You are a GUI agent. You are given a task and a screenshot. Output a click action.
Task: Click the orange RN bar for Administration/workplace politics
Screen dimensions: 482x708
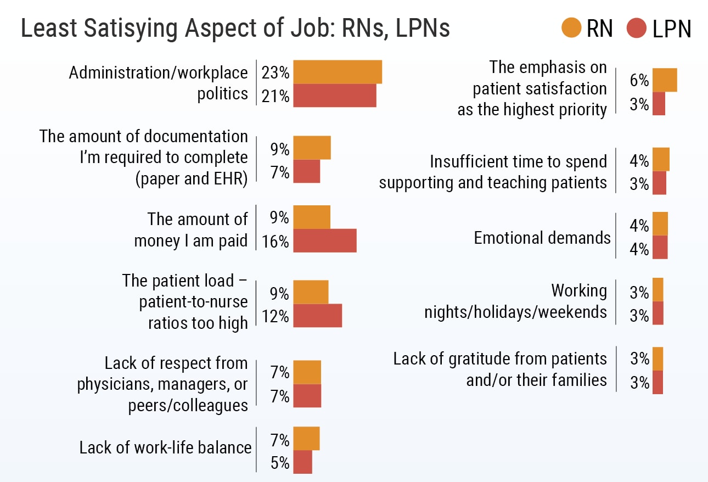(338, 72)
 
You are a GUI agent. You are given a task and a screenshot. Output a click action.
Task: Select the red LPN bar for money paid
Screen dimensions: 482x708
(325, 240)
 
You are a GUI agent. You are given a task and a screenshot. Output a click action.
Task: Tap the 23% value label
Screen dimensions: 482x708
(276, 72)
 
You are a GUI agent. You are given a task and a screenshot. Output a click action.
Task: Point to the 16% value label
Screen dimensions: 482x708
(276, 241)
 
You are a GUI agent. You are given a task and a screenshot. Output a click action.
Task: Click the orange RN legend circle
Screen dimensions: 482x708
(571, 28)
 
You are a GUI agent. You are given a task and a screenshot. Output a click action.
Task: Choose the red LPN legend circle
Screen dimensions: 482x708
(637, 28)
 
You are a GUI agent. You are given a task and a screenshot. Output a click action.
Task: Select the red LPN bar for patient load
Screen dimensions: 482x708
(317, 316)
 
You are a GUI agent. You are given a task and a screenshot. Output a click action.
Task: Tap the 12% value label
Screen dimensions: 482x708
(276, 316)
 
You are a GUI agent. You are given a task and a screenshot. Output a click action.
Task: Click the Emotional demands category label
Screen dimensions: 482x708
(542, 238)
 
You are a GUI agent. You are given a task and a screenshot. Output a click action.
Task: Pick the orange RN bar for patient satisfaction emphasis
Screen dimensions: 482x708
(664, 80)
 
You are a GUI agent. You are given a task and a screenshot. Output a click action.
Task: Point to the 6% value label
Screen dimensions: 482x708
(639, 81)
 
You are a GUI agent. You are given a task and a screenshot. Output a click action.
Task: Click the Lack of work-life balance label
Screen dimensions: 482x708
(165, 447)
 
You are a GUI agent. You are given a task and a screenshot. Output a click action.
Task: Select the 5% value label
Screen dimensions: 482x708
(279, 463)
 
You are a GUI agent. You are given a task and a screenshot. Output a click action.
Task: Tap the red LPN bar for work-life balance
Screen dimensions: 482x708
(302, 462)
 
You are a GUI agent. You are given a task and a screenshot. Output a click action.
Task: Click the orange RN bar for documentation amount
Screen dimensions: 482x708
(312, 148)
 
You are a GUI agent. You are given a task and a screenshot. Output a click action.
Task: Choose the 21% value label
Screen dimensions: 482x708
(276, 96)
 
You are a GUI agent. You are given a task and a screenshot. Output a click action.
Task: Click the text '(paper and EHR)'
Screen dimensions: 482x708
(191, 179)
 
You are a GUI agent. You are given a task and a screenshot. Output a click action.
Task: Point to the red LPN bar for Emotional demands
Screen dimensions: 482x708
(660, 247)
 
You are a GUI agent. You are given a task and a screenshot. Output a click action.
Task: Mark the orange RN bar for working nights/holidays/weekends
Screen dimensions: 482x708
(658, 290)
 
